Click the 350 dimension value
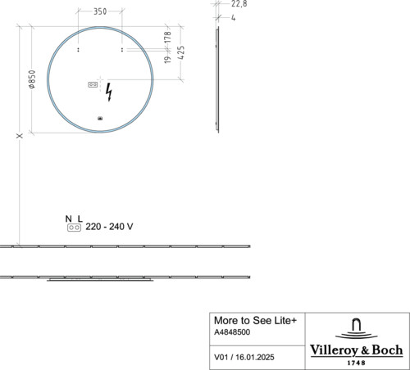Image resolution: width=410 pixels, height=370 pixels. tap(100, 11)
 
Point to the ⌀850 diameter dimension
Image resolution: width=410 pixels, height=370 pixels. tap(32, 79)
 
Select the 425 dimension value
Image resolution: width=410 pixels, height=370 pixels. tap(180, 52)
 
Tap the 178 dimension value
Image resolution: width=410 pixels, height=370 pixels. tap(167, 37)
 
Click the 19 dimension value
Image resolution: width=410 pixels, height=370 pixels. tap(167, 60)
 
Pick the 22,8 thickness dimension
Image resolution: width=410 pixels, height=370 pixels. tap(239, 4)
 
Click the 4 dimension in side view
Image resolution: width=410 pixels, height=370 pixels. tap(233, 18)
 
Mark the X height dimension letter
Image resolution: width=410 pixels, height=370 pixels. tap(20, 136)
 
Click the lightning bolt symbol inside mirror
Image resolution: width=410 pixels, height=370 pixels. tap(109, 92)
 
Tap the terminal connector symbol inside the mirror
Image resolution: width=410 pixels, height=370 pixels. tap(93, 84)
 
